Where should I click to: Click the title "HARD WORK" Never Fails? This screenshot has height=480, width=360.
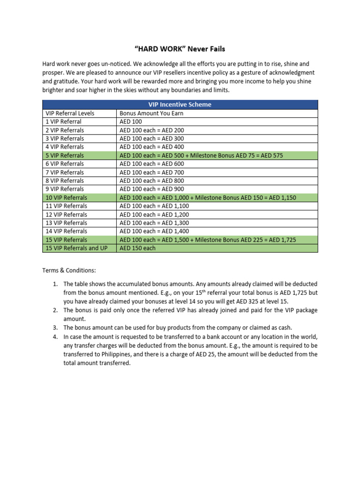click(x=180, y=49)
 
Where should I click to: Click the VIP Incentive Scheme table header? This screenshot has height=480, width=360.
click(x=180, y=105)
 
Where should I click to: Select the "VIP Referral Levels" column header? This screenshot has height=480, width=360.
click(x=70, y=113)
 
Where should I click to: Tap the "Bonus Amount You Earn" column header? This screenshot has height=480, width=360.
click(x=151, y=113)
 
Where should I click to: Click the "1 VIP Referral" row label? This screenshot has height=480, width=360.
click(x=63, y=121)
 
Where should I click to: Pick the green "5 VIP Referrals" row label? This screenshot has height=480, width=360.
click(x=65, y=155)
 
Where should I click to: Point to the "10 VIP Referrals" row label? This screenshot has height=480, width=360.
click(x=67, y=197)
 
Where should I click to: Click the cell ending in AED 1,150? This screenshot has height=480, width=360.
click(x=208, y=197)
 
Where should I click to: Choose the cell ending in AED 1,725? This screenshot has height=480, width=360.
click(x=208, y=240)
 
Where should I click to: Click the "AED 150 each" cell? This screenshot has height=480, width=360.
click(x=137, y=248)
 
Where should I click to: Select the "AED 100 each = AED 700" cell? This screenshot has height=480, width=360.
click(x=152, y=172)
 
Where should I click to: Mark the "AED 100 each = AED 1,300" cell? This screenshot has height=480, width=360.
click(x=154, y=223)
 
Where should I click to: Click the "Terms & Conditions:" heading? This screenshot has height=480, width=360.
click(x=69, y=271)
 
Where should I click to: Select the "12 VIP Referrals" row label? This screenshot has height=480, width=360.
click(x=67, y=214)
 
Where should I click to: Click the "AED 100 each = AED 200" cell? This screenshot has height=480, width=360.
click(x=152, y=130)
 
